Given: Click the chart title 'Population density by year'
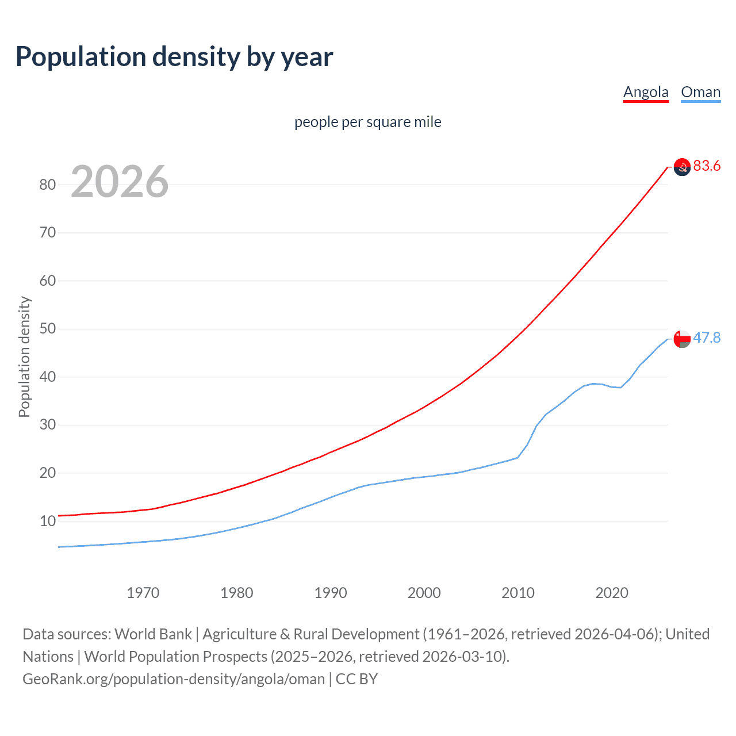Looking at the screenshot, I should click(x=174, y=57).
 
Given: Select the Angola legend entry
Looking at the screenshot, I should click(x=646, y=92).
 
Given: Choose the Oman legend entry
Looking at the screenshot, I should click(x=700, y=92).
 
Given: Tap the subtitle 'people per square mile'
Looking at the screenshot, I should click(x=367, y=122).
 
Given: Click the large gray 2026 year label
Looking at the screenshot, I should click(x=120, y=182).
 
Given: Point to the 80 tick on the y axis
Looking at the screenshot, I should click(x=48, y=185).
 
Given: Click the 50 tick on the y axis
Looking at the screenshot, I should click(x=48, y=329).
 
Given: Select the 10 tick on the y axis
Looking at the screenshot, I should click(x=48, y=521).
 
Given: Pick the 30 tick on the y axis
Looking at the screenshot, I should click(x=48, y=425).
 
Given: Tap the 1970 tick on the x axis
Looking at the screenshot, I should click(x=143, y=593).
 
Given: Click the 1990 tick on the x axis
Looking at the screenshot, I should click(x=330, y=593).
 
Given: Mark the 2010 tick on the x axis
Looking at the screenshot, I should click(x=517, y=593).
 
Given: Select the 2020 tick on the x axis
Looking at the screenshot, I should click(x=611, y=593).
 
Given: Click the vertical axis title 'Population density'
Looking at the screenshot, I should click(x=24, y=356).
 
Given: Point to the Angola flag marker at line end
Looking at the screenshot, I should click(x=682, y=167).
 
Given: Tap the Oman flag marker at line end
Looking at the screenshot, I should click(x=682, y=339).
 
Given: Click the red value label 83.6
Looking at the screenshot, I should click(x=707, y=166).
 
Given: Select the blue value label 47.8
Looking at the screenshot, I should click(x=707, y=338).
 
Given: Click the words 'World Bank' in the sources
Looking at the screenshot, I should click(x=153, y=634).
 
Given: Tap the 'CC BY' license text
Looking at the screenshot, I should click(x=356, y=679).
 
